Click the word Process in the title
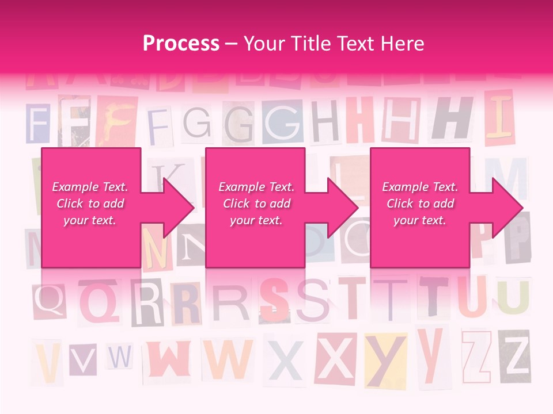coord(181,44)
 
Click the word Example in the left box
coord(74,187)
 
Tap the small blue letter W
coord(120,357)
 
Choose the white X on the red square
coord(335,359)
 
